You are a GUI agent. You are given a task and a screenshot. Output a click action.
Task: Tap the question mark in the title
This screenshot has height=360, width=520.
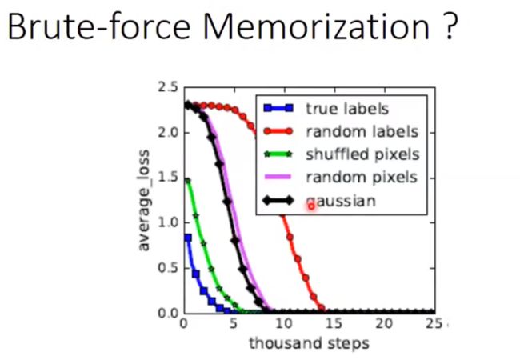point(450,26)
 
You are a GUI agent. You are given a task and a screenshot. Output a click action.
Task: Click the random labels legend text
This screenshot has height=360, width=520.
point(362,132)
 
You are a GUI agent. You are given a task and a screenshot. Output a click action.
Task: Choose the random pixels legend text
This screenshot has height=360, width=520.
point(362,178)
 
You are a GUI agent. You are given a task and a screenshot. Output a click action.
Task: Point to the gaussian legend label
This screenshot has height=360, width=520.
point(341,202)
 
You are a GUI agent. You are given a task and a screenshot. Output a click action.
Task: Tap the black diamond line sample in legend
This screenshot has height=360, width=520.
point(278,201)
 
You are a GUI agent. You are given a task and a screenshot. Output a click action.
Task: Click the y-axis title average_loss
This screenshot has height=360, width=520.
point(143,200)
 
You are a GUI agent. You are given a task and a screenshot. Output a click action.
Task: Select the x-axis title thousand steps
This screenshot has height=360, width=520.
point(309,343)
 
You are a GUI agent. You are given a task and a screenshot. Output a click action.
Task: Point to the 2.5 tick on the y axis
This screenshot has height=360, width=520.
point(168,87)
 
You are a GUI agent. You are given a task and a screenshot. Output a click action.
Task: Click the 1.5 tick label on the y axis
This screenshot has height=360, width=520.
point(168,178)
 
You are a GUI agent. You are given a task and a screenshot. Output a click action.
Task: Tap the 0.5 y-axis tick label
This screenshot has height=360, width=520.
point(168,268)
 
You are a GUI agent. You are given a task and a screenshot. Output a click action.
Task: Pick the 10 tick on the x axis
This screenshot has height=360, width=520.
point(284,323)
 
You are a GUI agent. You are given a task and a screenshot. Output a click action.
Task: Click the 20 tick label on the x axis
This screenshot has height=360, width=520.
point(384,323)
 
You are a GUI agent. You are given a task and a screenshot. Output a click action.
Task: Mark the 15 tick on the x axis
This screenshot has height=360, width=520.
point(334,323)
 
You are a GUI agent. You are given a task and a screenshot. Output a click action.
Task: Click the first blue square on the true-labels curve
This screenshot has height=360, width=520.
point(188,238)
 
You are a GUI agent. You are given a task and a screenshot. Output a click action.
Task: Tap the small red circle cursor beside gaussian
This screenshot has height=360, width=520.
point(311,206)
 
